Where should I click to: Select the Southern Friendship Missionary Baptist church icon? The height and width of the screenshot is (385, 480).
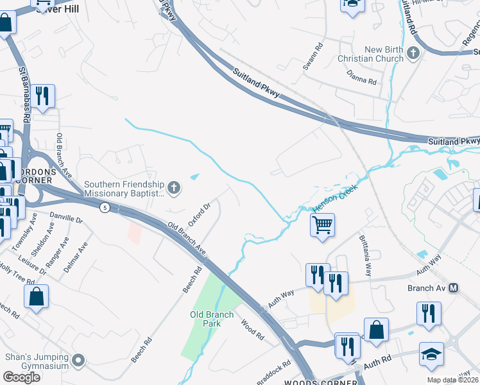(x=174, y=188)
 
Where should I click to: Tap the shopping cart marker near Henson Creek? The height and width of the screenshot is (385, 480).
(x=322, y=225)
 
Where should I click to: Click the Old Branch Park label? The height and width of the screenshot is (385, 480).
(x=205, y=319)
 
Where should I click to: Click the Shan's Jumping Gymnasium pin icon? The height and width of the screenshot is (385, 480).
(x=78, y=361)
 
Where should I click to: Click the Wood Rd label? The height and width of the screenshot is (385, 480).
(x=252, y=329)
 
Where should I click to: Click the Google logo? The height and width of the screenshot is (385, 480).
(x=21, y=377)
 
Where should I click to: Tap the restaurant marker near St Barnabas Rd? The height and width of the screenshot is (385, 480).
(x=42, y=96)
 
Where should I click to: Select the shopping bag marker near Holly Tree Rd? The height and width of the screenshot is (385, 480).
(x=36, y=297)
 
